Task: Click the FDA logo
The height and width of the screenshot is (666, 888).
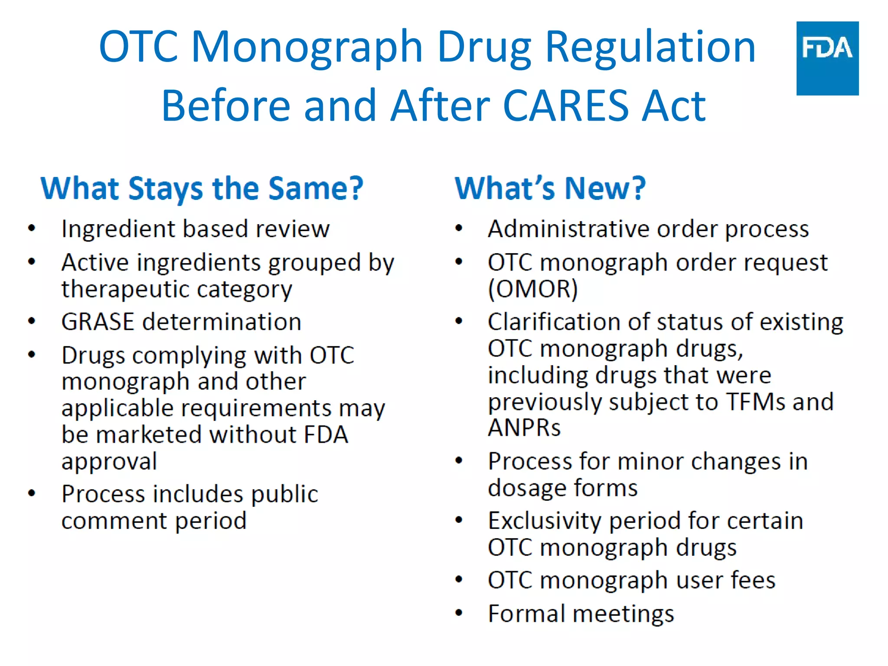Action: (x=827, y=58)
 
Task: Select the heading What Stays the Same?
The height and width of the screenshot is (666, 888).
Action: (x=202, y=189)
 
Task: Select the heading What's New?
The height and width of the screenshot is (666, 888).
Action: (x=550, y=189)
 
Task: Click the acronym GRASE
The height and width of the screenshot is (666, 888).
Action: (x=98, y=322)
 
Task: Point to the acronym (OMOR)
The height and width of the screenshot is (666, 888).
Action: (x=533, y=289)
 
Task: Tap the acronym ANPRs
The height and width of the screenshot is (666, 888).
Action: (x=524, y=428)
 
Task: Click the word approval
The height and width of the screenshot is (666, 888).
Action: (x=109, y=461)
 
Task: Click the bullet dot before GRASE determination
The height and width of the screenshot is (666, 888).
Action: (x=32, y=321)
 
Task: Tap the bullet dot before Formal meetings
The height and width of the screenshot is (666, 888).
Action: (x=459, y=613)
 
